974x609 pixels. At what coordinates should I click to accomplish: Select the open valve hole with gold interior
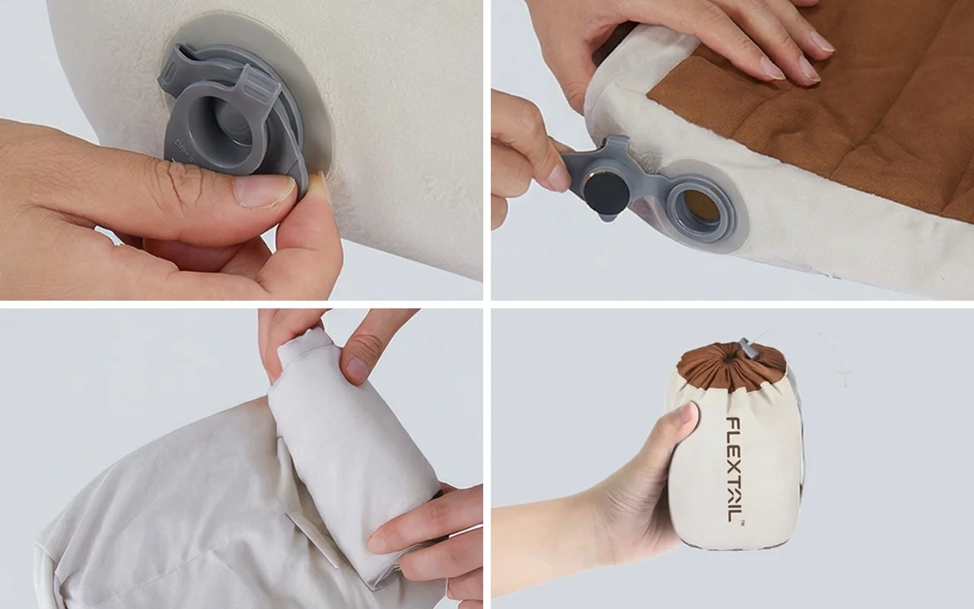pyautogui.click(x=701, y=209)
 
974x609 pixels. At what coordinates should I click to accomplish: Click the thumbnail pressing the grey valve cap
pyautogui.click(x=265, y=190)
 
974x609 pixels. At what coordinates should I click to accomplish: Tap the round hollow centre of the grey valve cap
pyautogui.click(x=233, y=129)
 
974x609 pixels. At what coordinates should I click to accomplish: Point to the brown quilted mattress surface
pyautogui.click(x=826, y=113)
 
